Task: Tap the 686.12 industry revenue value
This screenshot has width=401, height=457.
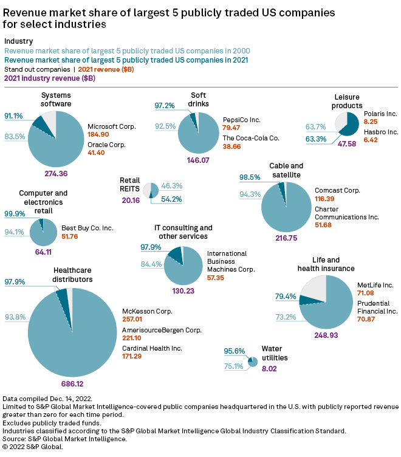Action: [x=72, y=384]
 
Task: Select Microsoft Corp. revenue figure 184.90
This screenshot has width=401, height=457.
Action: [x=98, y=134]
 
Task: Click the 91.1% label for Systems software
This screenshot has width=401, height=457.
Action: [x=13, y=116]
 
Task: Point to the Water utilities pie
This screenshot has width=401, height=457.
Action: [x=253, y=362]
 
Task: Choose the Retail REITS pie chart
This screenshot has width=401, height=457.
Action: [x=151, y=190]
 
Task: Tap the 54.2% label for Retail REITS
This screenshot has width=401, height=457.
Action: [x=172, y=199]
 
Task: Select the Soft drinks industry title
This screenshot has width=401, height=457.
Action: [x=198, y=99]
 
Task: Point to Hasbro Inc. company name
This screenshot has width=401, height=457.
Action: [x=380, y=132]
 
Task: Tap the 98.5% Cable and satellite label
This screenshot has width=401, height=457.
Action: [x=249, y=177]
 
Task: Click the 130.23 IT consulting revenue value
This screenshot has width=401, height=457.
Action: [x=183, y=291]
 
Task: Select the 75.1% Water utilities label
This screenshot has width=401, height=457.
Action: [x=233, y=366]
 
